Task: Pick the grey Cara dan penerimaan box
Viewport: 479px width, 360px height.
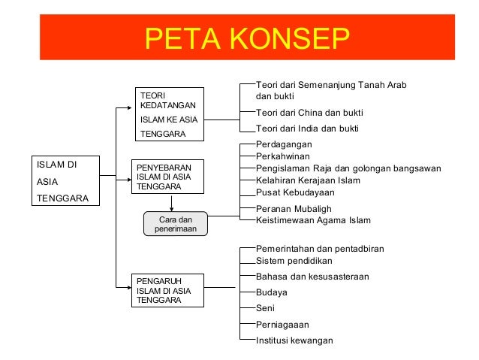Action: [x=175, y=224]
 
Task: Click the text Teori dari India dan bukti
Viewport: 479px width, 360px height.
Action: [x=307, y=129]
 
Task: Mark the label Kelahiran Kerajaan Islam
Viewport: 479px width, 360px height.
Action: [x=308, y=180]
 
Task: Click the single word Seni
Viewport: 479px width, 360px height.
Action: [x=265, y=308]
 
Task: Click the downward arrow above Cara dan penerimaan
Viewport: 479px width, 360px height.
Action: [x=173, y=203]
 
